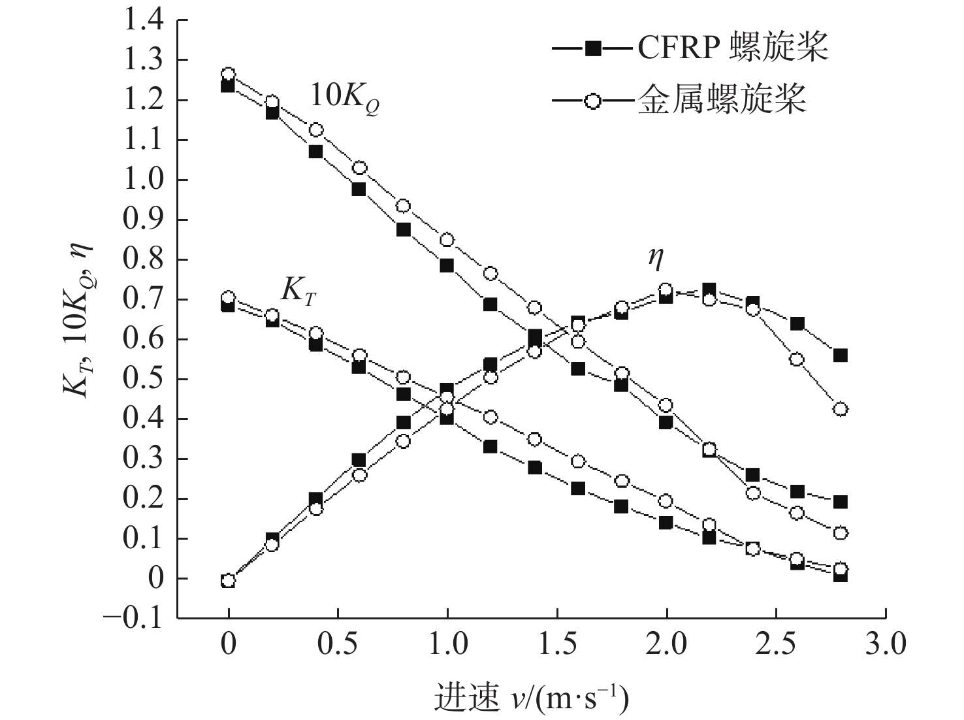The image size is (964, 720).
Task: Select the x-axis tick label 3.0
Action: coord(886,644)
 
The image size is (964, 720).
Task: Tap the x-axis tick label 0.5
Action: coord(337,644)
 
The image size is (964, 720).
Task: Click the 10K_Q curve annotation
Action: coord(344,98)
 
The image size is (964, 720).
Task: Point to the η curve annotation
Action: coord(656,258)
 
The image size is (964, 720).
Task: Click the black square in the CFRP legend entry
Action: coord(592,48)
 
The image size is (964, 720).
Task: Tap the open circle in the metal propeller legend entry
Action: coord(592,101)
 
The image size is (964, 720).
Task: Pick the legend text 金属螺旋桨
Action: coord(722,101)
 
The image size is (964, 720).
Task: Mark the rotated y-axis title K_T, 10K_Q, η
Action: coord(78,319)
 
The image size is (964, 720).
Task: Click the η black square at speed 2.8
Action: coord(841,355)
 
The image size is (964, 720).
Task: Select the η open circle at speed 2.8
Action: coord(841,409)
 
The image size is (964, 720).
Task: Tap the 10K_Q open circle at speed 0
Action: coord(228,74)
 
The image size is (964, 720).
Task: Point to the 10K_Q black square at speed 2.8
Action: coord(841,502)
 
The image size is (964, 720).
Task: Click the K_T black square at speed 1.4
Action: coord(535,468)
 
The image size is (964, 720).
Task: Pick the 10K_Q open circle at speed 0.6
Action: coord(359,168)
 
